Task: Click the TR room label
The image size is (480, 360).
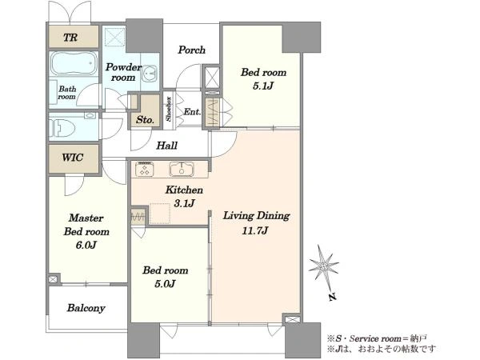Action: coord(70,38)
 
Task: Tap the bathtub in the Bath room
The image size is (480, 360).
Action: coord(74,63)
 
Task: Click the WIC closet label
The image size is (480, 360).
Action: coord(72,158)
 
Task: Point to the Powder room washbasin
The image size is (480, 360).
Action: coord(149,74)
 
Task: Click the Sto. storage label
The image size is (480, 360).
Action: coord(145,120)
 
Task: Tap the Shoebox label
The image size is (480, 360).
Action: coord(169,109)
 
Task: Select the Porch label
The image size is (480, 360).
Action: coord(192,50)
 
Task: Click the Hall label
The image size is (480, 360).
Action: coord(167,146)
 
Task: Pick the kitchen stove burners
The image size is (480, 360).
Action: coord(144,170)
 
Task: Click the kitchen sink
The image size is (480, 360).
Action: coord(182,169)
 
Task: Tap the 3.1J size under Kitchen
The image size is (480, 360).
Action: coord(184,203)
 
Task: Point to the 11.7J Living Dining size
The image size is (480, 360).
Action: coord(255,230)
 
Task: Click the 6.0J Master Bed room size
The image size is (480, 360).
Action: coord(86,245)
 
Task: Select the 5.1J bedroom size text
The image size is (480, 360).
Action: coord(262,86)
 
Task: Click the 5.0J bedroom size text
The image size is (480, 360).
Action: coord(165,284)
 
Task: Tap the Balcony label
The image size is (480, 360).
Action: coord(86,308)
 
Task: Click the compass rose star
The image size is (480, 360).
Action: coord(323,266)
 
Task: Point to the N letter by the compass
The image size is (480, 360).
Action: coord(333,296)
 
